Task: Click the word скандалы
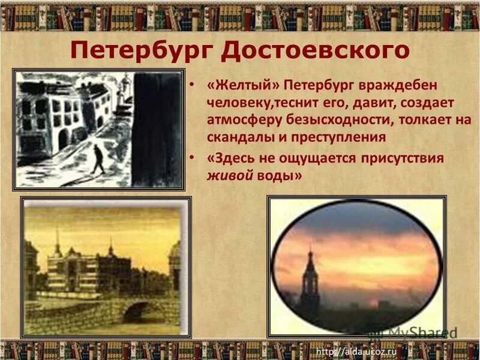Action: [242, 137]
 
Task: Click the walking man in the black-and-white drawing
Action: [97, 158]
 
